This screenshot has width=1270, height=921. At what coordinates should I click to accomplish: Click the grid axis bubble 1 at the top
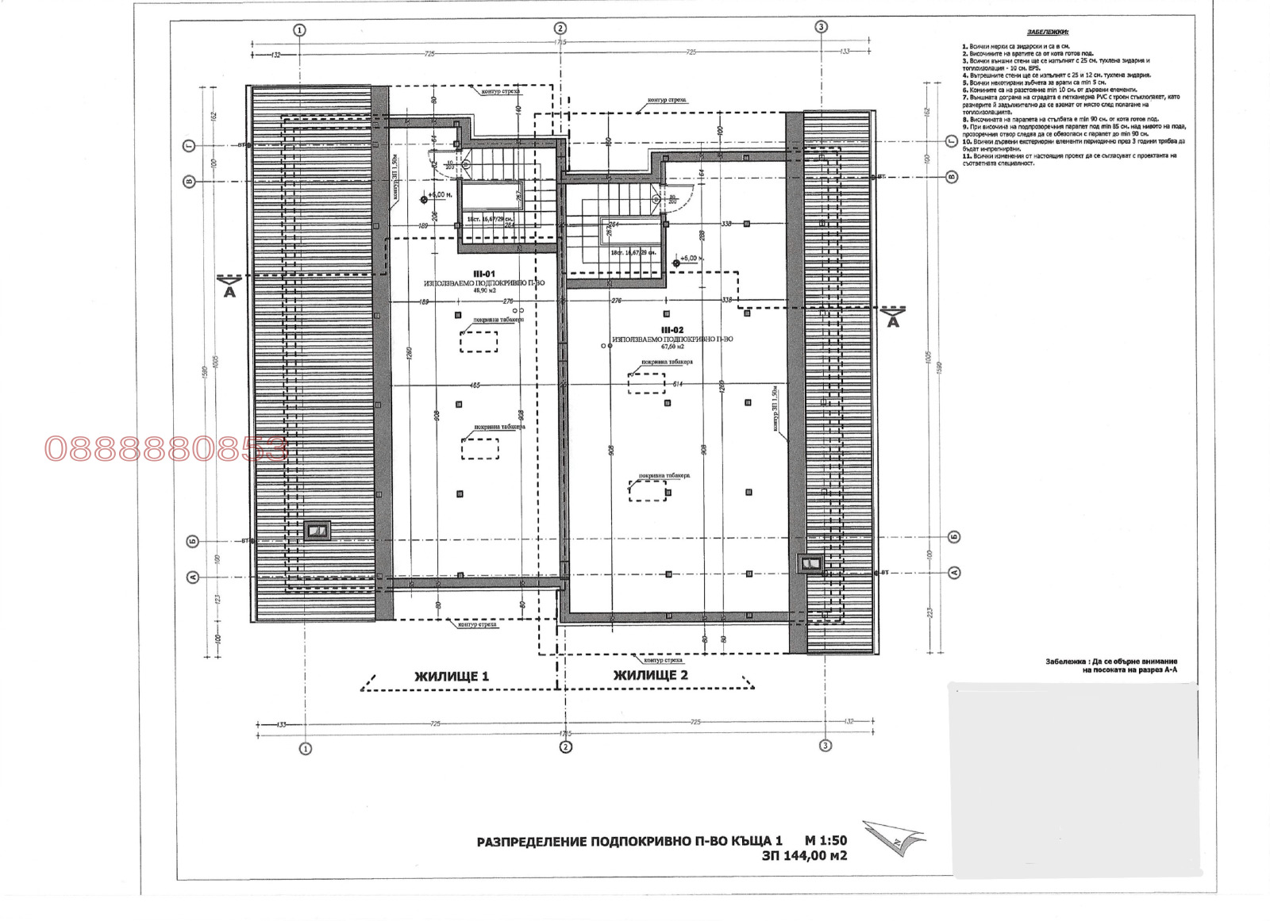299,30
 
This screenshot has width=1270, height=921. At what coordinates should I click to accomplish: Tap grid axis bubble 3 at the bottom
825,746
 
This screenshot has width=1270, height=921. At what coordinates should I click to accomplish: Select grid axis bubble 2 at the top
560,29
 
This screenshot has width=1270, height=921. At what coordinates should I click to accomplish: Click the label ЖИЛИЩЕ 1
452,677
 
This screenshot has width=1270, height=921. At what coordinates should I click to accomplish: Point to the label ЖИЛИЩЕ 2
651,675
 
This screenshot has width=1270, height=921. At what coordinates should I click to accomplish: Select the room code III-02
672,330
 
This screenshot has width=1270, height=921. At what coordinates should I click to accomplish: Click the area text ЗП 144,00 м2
804,856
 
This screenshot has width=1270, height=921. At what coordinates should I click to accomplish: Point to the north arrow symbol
895,836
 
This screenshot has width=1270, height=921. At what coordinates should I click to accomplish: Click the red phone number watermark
166,450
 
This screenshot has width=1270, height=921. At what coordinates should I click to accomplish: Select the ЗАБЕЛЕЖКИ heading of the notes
1048,33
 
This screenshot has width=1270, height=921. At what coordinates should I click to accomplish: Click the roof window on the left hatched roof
318,530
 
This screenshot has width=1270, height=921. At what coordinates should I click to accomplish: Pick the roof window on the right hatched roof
810,564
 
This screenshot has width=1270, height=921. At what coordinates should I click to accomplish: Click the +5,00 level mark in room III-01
439,195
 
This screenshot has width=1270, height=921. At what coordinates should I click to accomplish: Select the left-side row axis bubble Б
192,541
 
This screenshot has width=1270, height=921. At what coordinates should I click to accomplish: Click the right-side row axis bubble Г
952,140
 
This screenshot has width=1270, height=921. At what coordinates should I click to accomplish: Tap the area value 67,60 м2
672,347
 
